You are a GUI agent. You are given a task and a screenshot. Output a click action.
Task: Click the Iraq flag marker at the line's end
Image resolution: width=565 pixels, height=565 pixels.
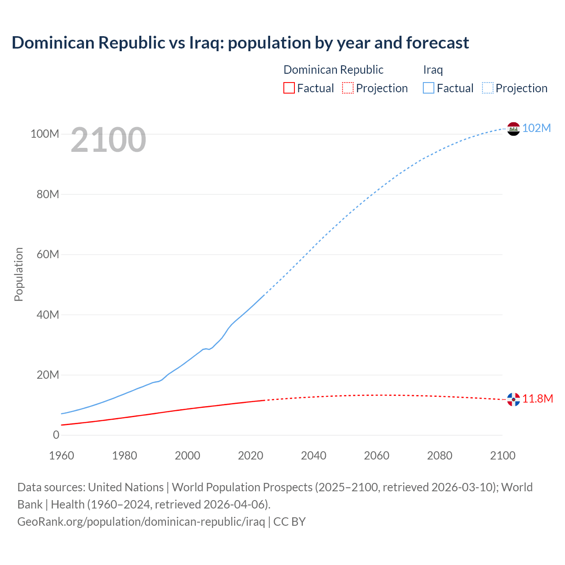pyautogui.click(x=513, y=129)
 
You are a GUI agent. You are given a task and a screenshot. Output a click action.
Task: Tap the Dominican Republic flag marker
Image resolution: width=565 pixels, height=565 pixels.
pyautogui.click(x=513, y=399)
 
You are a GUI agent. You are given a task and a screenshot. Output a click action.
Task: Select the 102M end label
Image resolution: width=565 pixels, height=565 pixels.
pyautogui.click(x=536, y=128)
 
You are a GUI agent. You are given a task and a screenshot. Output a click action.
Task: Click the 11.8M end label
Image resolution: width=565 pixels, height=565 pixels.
pyautogui.click(x=538, y=399)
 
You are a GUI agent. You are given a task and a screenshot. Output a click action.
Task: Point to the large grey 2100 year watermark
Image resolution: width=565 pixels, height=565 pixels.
pyautogui.click(x=108, y=140)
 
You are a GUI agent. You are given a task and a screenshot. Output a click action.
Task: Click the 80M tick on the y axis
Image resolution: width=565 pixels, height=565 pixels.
pyautogui.click(x=48, y=194)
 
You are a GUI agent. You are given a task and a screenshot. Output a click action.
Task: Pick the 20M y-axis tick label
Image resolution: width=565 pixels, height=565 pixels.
pyautogui.click(x=48, y=375)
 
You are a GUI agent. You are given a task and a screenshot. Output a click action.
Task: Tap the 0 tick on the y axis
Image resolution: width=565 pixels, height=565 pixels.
pyautogui.click(x=56, y=435)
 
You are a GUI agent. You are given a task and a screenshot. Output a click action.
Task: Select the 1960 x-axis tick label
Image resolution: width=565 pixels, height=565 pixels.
pyautogui.click(x=61, y=456)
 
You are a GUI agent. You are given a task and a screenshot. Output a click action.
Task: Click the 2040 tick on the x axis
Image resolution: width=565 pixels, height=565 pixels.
pyautogui.click(x=313, y=456)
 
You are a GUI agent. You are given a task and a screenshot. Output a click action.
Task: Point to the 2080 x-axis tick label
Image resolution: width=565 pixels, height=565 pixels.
pyautogui.click(x=440, y=456)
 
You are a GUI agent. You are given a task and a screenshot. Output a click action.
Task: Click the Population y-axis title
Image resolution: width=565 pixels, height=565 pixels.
pyautogui.click(x=19, y=274)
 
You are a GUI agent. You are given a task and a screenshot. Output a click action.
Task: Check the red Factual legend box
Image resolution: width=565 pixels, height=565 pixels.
pyautogui.click(x=289, y=88)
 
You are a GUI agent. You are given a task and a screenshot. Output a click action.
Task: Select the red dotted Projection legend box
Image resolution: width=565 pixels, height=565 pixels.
pyautogui.click(x=348, y=88)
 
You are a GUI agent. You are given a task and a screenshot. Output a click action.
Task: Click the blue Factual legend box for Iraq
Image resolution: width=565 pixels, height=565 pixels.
pyautogui.click(x=429, y=88)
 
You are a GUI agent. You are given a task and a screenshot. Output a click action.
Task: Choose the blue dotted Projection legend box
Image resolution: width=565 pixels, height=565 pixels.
pyautogui.click(x=488, y=88)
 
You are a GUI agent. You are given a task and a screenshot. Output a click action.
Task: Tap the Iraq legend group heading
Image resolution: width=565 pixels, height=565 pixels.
pyautogui.click(x=433, y=70)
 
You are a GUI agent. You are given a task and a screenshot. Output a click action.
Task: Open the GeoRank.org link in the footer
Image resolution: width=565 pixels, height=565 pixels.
pyautogui.click(x=141, y=521)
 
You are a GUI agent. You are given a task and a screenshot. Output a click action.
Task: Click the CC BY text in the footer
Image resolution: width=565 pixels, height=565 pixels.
pyautogui.click(x=290, y=521)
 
